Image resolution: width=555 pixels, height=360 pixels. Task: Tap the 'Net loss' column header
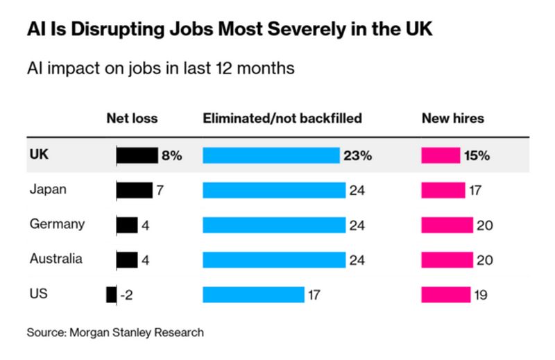point(131,118)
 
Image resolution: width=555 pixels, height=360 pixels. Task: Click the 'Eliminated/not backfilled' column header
point(282,118)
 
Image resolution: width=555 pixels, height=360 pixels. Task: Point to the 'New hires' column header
point(452,118)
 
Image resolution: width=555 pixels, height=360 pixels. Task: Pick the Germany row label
point(58,224)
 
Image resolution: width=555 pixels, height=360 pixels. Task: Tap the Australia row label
point(56,259)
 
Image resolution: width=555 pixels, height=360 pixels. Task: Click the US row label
point(38,293)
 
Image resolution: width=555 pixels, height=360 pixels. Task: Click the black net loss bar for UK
point(137,155)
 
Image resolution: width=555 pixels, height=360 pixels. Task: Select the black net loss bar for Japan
point(135,190)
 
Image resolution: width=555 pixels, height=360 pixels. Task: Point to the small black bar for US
point(111,294)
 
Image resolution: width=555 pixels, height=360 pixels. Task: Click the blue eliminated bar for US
point(253,294)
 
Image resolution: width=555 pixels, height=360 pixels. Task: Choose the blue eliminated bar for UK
point(271,155)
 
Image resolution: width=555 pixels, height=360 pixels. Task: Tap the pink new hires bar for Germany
point(447,225)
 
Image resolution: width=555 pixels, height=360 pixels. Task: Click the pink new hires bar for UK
point(441,155)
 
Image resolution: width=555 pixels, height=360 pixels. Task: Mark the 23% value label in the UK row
point(357,155)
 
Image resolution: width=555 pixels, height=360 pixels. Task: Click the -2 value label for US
point(126,294)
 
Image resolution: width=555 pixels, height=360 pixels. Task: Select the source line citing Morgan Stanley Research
point(116,333)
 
